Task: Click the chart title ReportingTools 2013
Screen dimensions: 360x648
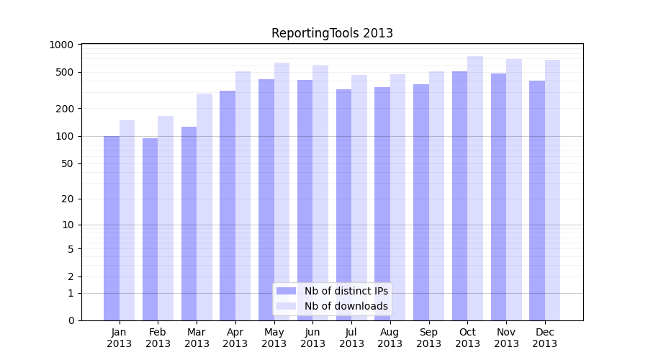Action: click(332, 34)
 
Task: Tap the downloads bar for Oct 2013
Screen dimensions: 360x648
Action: click(475, 188)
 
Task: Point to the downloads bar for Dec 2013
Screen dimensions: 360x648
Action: click(552, 190)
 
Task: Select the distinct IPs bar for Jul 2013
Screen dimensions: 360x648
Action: click(343, 204)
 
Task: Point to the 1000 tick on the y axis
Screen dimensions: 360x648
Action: click(62, 45)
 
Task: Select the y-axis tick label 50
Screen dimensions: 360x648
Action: click(68, 163)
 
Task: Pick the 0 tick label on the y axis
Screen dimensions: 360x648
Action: click(71, 320)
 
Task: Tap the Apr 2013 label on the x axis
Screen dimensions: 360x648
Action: click(235, 338)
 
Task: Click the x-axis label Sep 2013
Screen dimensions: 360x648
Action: click(428, 338)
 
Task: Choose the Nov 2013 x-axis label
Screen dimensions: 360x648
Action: click(506, 338)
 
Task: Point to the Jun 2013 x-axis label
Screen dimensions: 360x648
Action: click(312, 338)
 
